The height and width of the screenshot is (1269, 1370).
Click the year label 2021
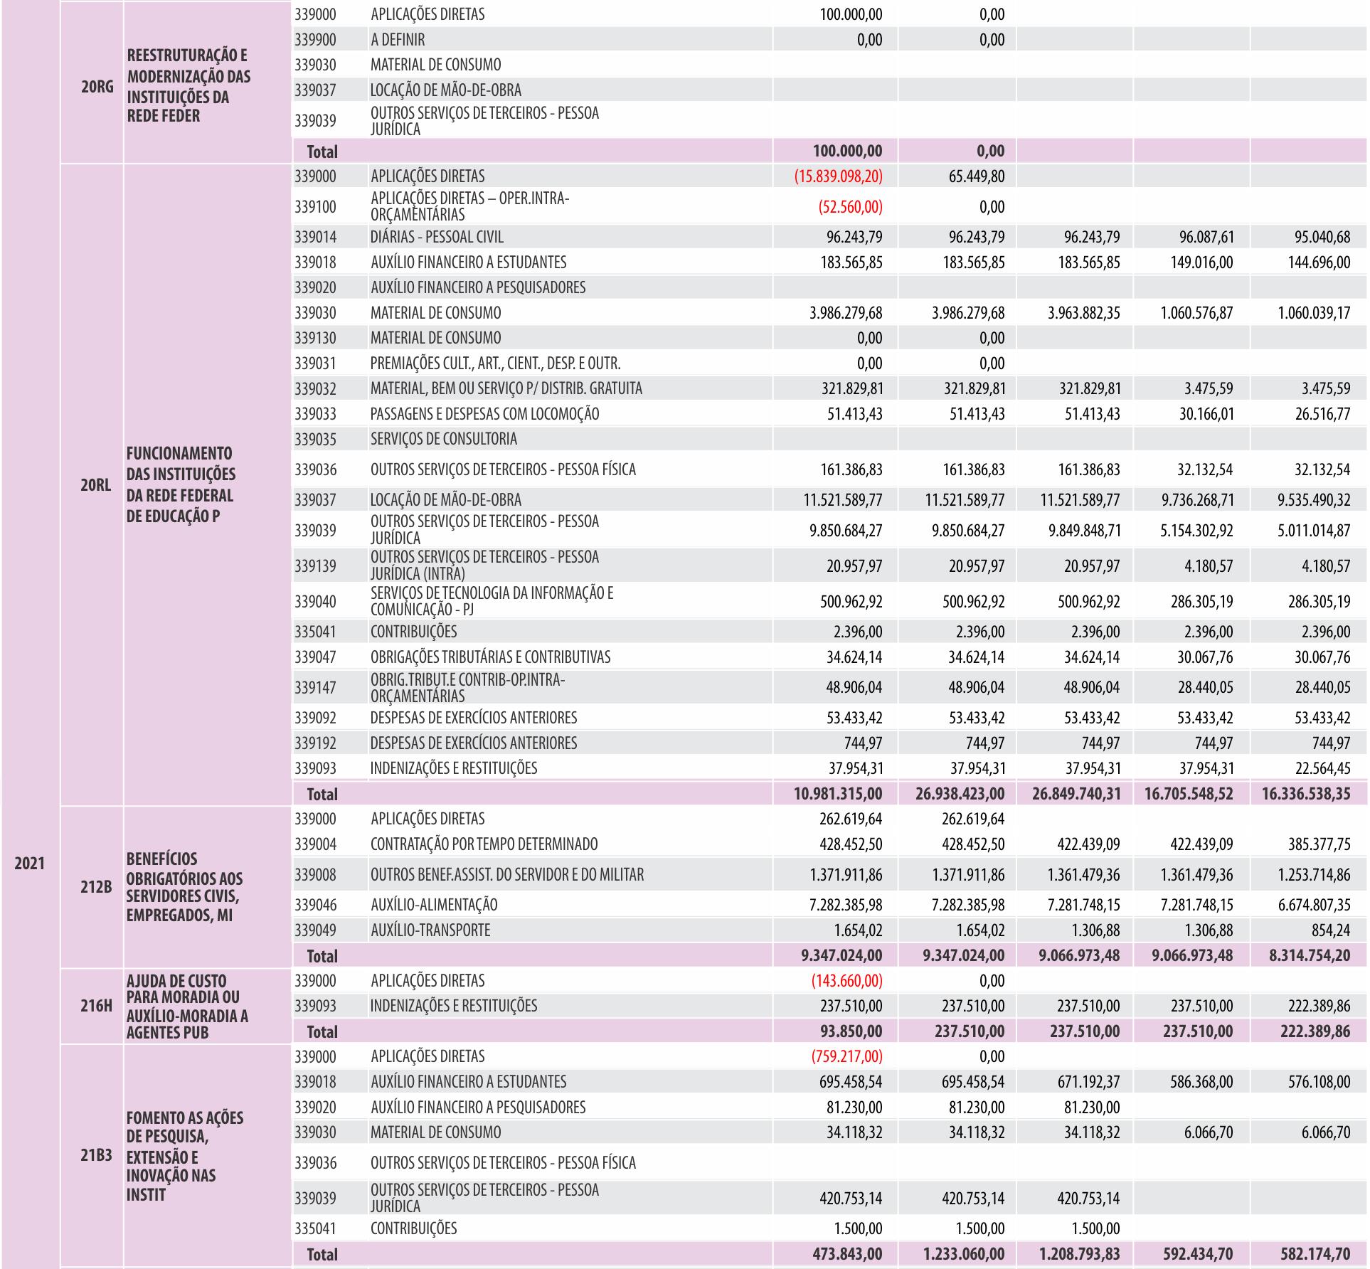(29, 864)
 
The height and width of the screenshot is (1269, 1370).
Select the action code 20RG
(96, 87)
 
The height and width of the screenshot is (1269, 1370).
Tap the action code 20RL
(95, 486)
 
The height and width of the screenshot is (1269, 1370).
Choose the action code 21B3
(95, 1156)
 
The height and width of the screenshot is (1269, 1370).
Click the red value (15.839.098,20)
(838, 176)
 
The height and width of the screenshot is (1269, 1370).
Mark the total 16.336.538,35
(1306, 794)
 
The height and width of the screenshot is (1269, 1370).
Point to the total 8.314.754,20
(1309, 956)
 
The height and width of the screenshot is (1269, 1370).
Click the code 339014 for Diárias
(315, 237)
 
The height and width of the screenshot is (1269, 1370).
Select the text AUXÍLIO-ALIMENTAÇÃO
(434, 905)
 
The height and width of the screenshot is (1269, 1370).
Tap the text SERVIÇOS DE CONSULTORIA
(444, 439)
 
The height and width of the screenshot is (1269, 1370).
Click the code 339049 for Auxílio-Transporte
(315, 930)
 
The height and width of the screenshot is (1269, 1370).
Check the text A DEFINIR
(398, 40)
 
